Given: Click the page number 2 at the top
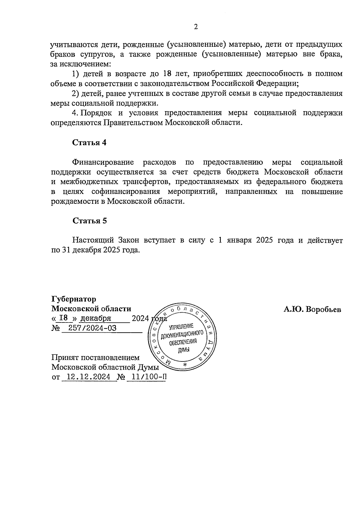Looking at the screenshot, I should pyautogui.click(x=196, y=27).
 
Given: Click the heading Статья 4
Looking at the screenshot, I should pyautogui.click(x=89, y=142).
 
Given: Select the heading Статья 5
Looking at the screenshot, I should pyautogui.click(x=89, y=221).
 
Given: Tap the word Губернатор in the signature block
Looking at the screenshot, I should pyautogui.click(x=74, y=299).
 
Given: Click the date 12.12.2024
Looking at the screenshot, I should pyautogui.click(x=88, y=377).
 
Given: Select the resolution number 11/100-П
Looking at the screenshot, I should pyautogui.click(x=146, y=377).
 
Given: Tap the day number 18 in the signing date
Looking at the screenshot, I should pyautogui.click(x=64, y=318).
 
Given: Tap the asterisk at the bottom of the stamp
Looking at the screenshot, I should pyautogui.click(x=185, y=365).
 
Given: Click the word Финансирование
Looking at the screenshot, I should pyautogui.click(x=103, y=162).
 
